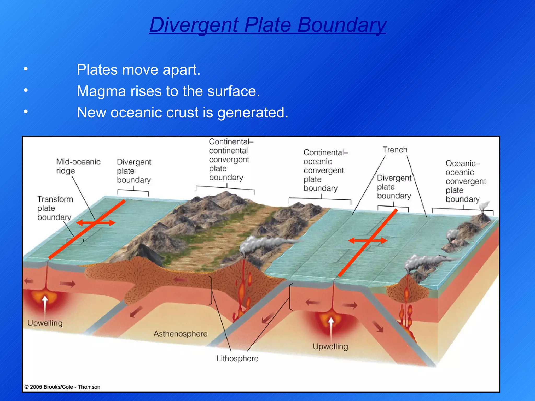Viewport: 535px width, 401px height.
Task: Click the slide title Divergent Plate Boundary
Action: click(x=267, y=25)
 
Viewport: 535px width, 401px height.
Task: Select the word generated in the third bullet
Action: click(x=252, y=113)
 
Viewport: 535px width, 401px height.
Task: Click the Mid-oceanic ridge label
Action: click(x=78, y=166)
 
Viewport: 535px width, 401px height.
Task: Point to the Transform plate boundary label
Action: click(x=55, y=208)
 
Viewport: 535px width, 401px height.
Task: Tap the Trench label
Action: click(x=395, y=150)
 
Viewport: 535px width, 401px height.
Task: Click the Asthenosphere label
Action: click(x=180, y=334)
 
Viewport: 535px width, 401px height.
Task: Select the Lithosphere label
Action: click(x=237, y=358)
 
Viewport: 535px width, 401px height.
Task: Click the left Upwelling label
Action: click(x=45, y=323)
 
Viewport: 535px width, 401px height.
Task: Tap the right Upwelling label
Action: click(x=330, y=346)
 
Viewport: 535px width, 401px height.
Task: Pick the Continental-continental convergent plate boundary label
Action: click(x=229, y=159)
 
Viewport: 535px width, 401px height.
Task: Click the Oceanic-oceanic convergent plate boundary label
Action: click(x=465, y=181)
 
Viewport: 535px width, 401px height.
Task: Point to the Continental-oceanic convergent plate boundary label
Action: click(x=323, y=170)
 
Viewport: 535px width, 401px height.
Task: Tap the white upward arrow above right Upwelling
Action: click(x=331, y=329)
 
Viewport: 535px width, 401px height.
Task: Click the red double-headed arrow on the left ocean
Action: click(x=96, y=223)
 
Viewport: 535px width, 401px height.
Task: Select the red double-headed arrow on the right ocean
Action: click(x=368, y=241)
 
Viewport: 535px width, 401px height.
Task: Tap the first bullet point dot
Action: click(x=26, y=69)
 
